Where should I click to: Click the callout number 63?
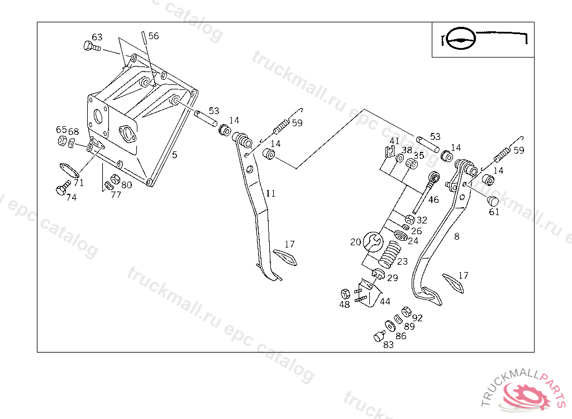coord(97,37)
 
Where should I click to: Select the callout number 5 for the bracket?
coord(174,155)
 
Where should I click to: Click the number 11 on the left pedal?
coord(270,193)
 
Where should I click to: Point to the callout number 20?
coord(356,242)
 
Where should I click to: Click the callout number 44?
coord(385,301)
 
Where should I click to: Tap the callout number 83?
coord(388,345)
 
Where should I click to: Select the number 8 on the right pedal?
coord(457,236)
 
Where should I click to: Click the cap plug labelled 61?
coord(493,201)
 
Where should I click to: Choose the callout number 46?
coord(433,199)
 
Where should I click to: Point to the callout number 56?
coord(154,36)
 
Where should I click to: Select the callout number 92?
coord(417,318)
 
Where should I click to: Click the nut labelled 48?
coord(345,293)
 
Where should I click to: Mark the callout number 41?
coord(395,140)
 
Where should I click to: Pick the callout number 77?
coord(116,195)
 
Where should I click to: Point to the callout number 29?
coord(393,278)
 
